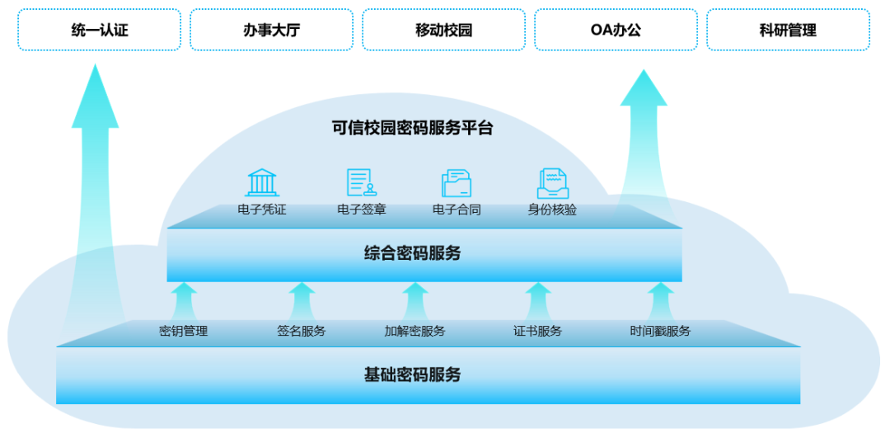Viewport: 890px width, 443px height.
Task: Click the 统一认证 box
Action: point(100,31)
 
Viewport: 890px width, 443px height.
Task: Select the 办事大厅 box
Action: point(271,31)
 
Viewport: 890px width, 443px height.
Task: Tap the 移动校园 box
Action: point(443,31)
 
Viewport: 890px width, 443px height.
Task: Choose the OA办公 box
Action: point(616,31)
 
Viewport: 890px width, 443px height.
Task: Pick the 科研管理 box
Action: point(788,31)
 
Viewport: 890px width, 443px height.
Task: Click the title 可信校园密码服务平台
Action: point(412,128)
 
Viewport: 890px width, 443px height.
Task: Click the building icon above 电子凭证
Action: point(262,182)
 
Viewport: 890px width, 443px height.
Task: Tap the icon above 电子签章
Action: point(361,182)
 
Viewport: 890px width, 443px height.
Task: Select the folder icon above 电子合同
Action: point(457,182)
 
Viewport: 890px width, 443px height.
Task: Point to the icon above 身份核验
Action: point(552,182)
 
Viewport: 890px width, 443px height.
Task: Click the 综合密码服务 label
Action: point(412,253)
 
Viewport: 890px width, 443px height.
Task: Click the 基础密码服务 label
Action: point(412,375)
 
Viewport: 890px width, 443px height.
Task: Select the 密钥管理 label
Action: point(183,332)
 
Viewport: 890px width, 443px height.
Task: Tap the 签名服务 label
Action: point(301,332)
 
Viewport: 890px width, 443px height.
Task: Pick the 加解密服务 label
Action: point(415,332)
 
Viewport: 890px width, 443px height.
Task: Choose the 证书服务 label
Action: point(537,332)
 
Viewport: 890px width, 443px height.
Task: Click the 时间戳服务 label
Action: point(660,332)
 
